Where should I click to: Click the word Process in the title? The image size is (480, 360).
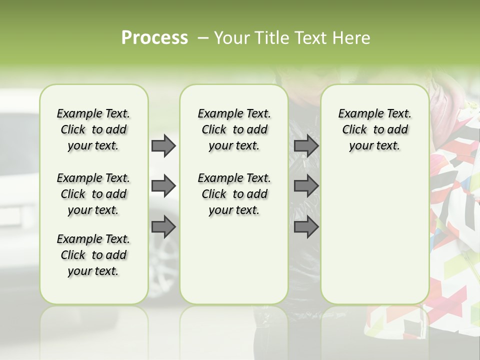click(154, 38)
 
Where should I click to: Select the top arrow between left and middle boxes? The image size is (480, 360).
click(163, 145)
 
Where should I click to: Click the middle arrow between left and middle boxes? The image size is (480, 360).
click(163, 186)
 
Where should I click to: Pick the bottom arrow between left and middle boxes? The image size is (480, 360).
click(163, 227)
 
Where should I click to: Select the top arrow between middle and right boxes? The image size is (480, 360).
click(306, 145)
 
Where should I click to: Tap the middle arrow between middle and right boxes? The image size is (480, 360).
click(306, 186)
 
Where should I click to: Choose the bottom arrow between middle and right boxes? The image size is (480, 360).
click(306, 227)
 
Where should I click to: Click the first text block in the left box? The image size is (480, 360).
click(93, 129)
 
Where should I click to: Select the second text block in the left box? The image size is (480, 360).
click(93, 194)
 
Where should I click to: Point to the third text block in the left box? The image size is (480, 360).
click(93, 255)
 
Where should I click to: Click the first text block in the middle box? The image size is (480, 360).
click(234, 129)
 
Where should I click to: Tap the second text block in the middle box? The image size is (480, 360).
click(234, 194)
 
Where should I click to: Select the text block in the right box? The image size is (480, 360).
click(374, 129)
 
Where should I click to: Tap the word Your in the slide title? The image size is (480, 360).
click(227, 38)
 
